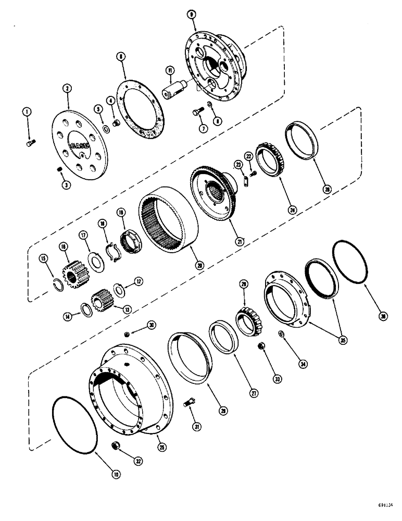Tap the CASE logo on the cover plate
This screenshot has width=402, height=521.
[x=80, y=147]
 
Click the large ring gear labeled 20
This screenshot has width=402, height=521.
[x=167, y=221]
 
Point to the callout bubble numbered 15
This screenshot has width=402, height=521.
[x=43, y=258]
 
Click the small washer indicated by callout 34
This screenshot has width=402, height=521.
[x=281, y=333]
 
